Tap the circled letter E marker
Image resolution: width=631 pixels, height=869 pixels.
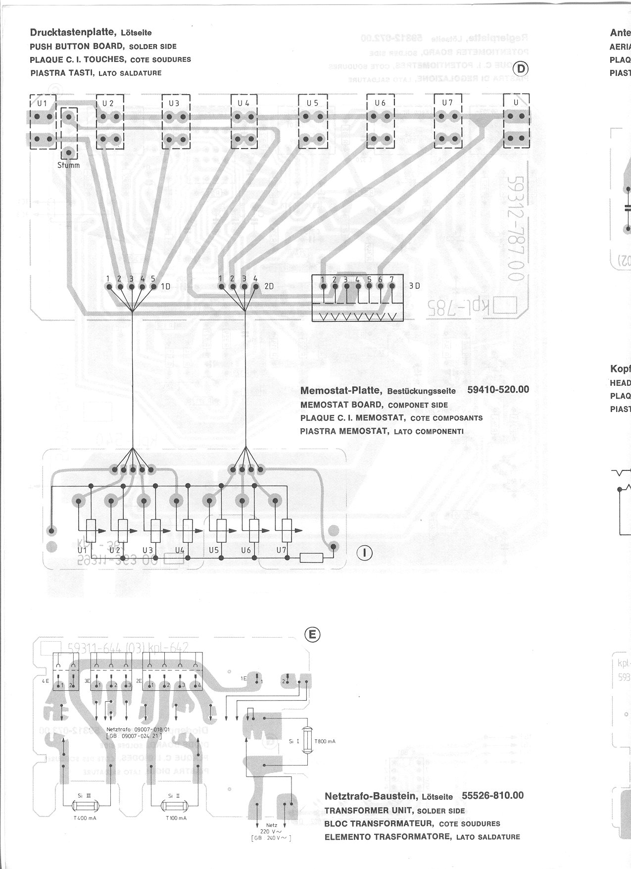click(x=313, y=634)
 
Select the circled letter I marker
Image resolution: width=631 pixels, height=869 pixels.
click(x=365, y=552)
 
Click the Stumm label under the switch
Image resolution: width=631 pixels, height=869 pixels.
click(x=68, y=165)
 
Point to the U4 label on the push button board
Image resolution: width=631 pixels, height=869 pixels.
click(x=243, y=103)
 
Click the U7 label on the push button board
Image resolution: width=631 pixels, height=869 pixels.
click(x=447, y=103)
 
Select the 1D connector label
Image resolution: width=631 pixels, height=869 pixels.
click(x=165, y=287)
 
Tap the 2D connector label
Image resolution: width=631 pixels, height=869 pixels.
click(x=269, y=287)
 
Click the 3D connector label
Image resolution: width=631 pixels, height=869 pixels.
click(x=414, y=286)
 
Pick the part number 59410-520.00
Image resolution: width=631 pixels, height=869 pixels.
click(x=498, y=390)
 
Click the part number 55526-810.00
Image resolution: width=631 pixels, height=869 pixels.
click(x=492, y=795)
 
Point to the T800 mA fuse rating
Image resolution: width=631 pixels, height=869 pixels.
click(x=325, y=741)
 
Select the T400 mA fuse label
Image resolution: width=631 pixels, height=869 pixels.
click(x=85, y=818)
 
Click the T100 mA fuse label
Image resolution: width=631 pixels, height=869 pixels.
click(x=176, y=818)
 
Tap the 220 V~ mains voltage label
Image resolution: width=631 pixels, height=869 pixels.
click(x=271, y=831)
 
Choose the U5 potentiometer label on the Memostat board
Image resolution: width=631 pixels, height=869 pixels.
click(x=214, y=550)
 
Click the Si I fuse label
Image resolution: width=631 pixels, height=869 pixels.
click(x=294, y=741)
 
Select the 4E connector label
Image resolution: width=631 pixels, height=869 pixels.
click(x=46, y=681)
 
